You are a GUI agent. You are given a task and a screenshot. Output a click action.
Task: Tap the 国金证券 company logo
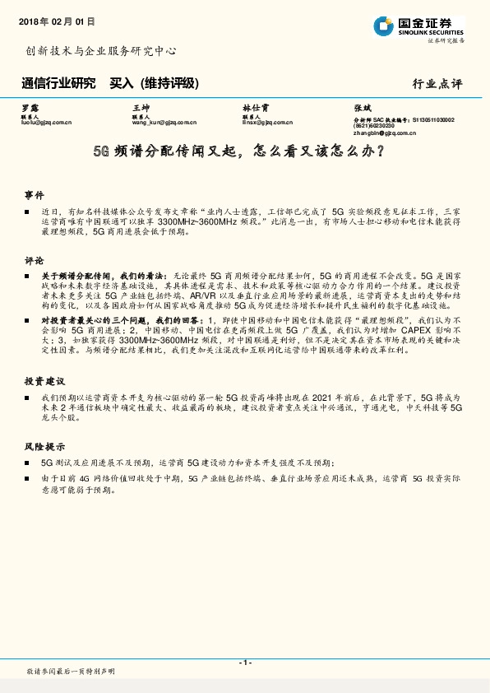pos(418,26)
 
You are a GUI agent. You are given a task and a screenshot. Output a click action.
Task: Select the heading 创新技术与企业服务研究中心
pos(101,50)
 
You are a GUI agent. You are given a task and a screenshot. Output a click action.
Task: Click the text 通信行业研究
pos(58,83)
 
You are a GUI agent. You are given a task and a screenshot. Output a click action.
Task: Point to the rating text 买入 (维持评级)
pos(155,83)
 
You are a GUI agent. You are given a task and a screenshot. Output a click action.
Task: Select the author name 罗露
pos(29,108)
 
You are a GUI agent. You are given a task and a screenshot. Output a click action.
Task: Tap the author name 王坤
pos(141,108)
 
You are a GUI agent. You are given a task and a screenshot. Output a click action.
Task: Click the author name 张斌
pos(362,108)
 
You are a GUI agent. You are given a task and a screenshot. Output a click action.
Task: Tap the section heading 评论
pos(34,258)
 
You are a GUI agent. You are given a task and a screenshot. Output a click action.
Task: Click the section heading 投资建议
pos(44,381)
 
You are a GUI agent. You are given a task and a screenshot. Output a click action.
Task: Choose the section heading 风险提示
pos(44,447)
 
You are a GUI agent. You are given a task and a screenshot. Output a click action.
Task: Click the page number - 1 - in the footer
pos(245,663)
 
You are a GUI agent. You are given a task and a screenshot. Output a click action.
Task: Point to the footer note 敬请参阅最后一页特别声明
pos(72,672)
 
